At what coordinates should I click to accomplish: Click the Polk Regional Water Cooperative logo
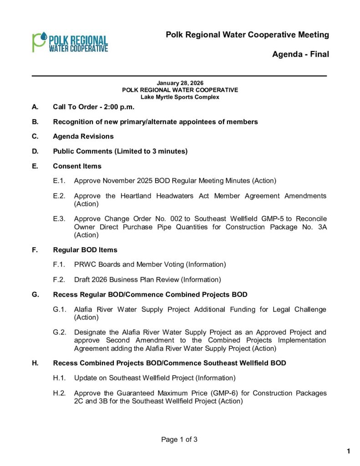(x=70, y=42)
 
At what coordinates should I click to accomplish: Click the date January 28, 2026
(x=180, y=83)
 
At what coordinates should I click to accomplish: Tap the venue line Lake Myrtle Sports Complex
(x=180, y=97)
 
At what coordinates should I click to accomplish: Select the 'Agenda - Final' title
(x=300, y=55)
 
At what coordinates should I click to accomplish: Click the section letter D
(x=35, y=151)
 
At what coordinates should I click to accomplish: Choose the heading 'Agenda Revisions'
(x=83, y=137)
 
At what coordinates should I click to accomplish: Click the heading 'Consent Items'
(x=77, y=166)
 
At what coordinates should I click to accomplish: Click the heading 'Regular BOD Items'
(x=85, y=250)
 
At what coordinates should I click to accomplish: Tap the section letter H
(x=35, y=363)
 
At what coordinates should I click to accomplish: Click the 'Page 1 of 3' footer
(x=179, y=440)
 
